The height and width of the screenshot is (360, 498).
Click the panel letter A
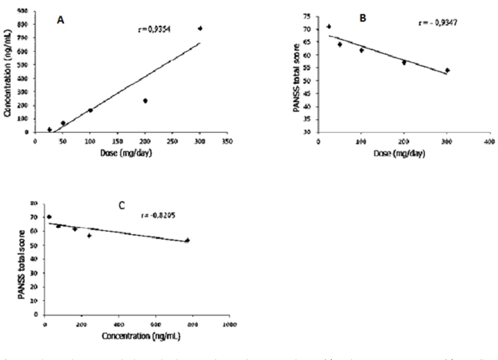(x=60, y=20)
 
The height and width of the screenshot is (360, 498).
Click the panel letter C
(x=122, y=205)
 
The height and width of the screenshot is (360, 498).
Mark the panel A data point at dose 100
(x=90, y=110)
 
